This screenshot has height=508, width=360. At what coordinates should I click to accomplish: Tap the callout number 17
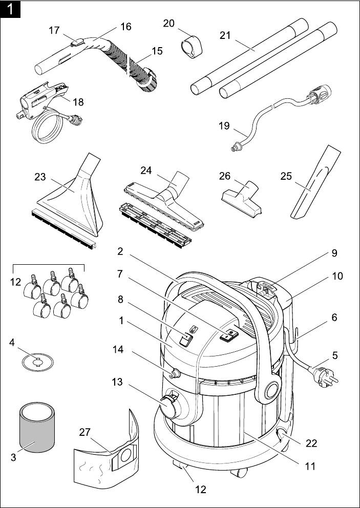[x=55, y=30]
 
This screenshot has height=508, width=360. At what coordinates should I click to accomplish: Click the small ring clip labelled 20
[x=191, y=46]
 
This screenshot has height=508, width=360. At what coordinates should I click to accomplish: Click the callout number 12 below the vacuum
[x=200, y=489]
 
